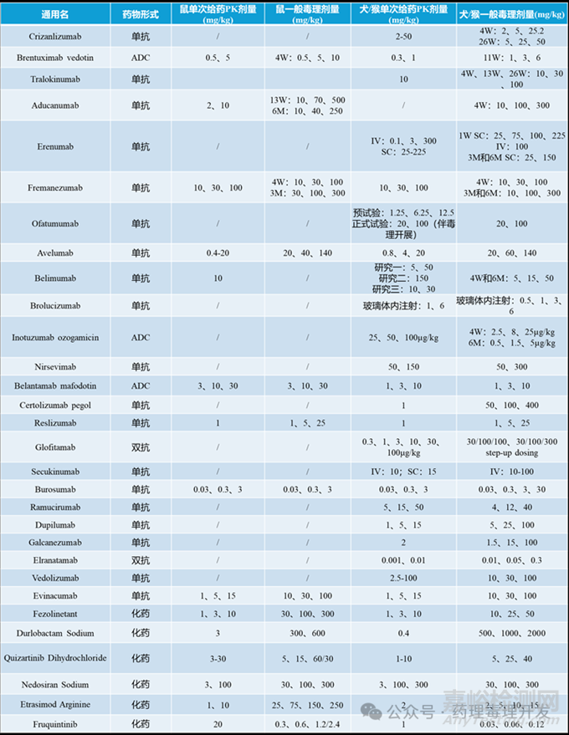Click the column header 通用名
(x=55, y=14)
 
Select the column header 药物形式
(x=141, y=14)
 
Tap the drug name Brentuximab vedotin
(x=55, y=58)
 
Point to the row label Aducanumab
(x=55, y=105)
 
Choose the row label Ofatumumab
(x=55, y=223)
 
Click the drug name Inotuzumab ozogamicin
(x=55, y=337)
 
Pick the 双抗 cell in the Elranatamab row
(x=141, y=559)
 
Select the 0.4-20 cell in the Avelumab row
(x=218, y=252)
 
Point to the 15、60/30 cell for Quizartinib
(x=307, y=658)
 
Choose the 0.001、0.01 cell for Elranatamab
(x=403, y=559)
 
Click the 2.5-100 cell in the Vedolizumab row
(x=403, y=578)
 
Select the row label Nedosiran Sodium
(x=55, y=684)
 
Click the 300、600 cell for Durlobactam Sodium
(x=307, y=633)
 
